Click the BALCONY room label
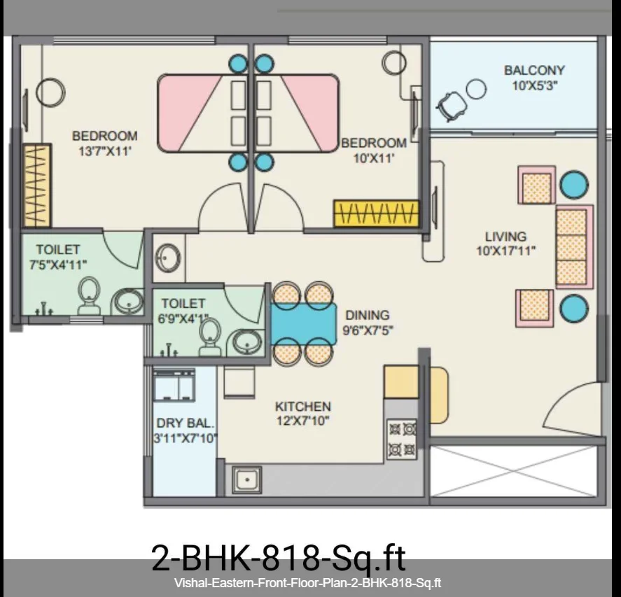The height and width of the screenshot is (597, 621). pyautogui.click(x=534, y=71)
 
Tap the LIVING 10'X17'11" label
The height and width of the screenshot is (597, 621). pyautogui.click(x=505, y=244)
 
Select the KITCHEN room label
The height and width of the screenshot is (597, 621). pyautogui.click(x=303, y=407)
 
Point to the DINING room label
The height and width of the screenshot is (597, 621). pyautogui.click(x=368, y=315)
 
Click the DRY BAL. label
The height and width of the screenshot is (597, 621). pyautogui.click(x=186, y=423)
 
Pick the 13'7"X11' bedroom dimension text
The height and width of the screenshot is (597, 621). pyautogui.click(x=105, y=151)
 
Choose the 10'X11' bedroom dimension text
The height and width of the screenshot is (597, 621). pyautogui.click(x=374, y=158)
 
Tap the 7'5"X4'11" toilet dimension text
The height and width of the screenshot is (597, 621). pyautogui.click(x=58, y=265)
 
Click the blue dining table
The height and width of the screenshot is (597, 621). pyautogui.click(x=304, y=323)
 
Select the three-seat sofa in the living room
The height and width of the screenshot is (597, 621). pyautogui.click(x=574, y=246)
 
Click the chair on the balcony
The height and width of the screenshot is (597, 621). pyautogui.click(x=452, y=105)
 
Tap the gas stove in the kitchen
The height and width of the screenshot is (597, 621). pyautogui.click(x=402, y=439)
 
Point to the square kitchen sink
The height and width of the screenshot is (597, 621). pyautogui.click(x=247, y=480)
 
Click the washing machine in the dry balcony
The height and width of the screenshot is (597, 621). pyautogui.click(x=174, y=385)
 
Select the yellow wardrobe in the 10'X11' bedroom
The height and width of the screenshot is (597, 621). pyautogui.click(x=376, y=213)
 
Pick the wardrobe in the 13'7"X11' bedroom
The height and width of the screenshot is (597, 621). pyautogui.click(x=37, y=185)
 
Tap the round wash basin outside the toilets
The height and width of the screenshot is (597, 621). pyautogui.click(x=168, y=258)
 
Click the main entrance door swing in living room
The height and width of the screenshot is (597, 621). pyautogui.click(x=573, y=408)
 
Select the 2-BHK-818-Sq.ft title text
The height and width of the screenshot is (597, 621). pyautogui.click(x=279, y=559)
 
